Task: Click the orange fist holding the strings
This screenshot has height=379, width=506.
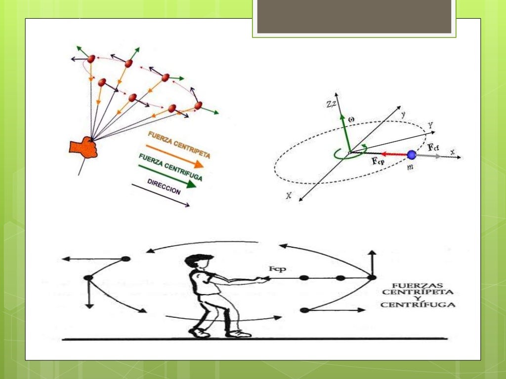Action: [85, 148]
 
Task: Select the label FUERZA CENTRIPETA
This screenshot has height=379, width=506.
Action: [179, 145]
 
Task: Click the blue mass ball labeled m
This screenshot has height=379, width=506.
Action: [412, 155]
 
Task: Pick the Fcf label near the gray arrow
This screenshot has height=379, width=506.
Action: [433, 147]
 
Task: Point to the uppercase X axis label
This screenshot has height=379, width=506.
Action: [288, 195]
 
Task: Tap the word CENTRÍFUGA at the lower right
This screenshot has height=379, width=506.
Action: [418, 305]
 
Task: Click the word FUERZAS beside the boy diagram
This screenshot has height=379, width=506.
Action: [418, 286]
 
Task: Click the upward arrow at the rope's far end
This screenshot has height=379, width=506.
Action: [372, 261]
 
